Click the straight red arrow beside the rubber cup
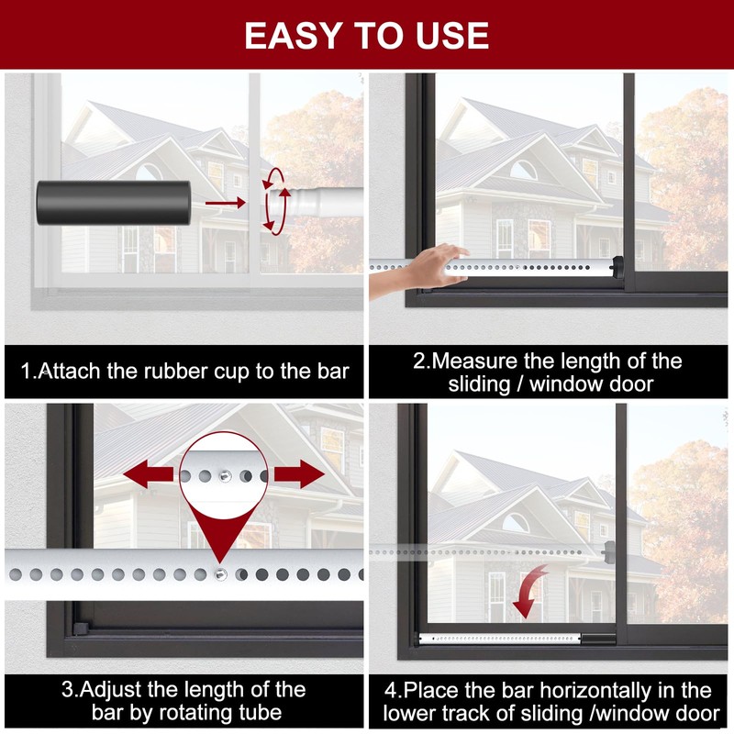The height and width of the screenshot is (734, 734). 225,202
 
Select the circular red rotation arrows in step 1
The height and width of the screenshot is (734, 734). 273,200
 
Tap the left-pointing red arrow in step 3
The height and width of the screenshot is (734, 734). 150,475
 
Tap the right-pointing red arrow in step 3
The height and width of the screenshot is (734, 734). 299,475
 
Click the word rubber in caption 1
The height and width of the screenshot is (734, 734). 195,372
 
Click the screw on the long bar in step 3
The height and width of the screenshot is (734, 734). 221,574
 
